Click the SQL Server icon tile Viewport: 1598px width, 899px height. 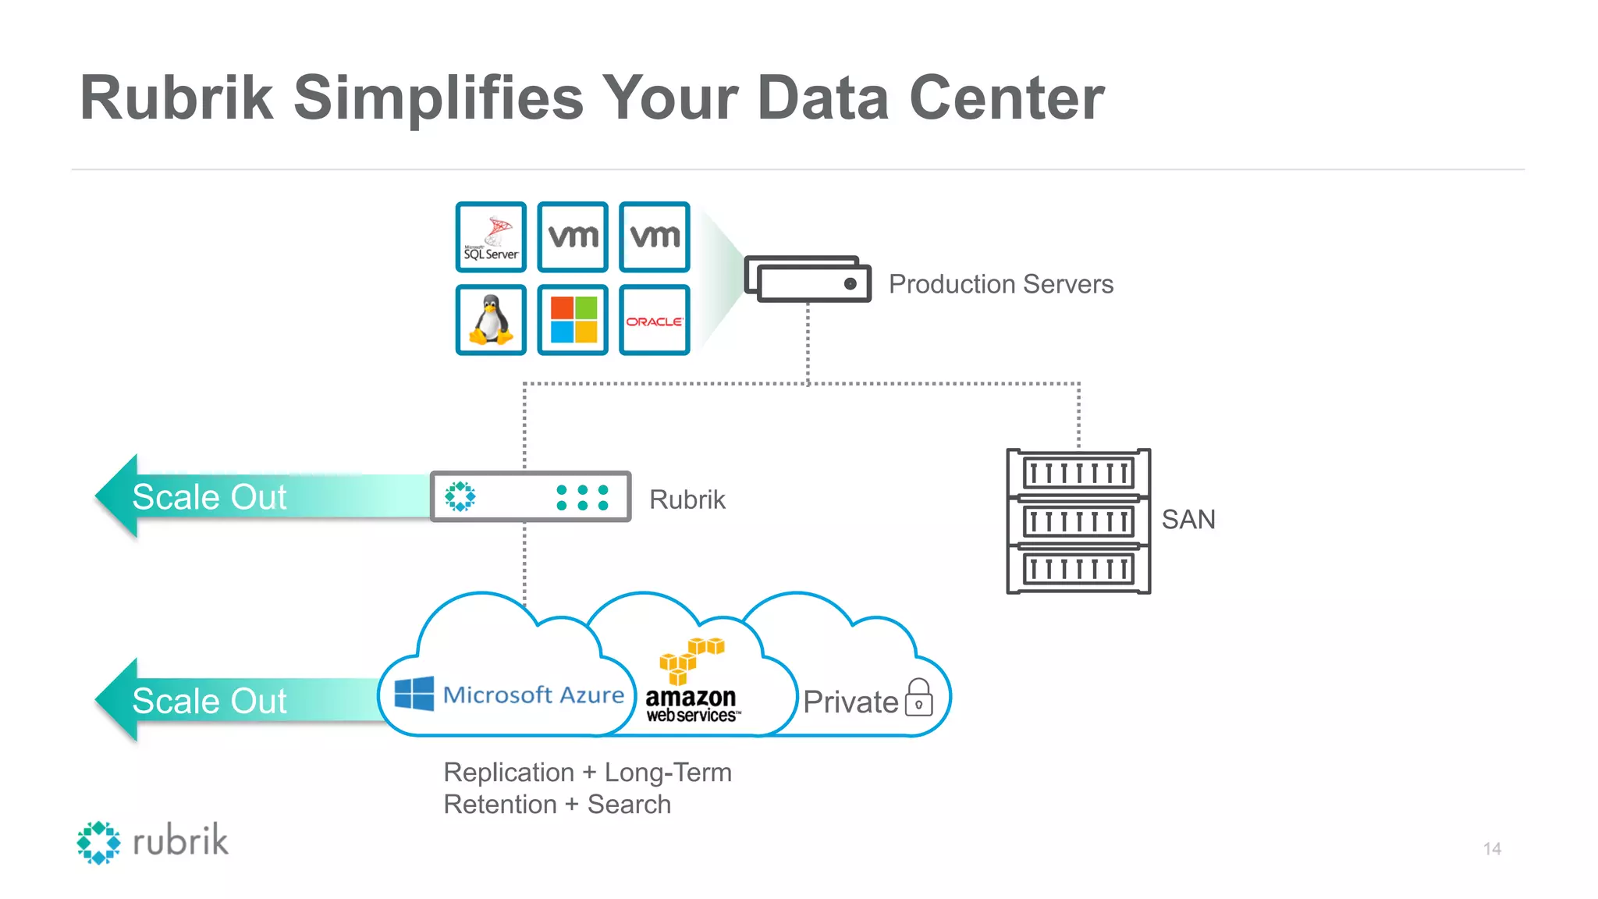491,237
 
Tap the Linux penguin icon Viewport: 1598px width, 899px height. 491,320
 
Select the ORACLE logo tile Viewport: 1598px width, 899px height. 654,320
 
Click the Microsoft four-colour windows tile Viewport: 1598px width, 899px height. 573,320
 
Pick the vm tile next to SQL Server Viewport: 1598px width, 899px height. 573,237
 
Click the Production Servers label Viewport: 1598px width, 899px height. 1000,284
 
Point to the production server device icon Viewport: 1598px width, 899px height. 808,279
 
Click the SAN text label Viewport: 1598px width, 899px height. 1188,520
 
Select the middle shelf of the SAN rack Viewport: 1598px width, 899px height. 1078,521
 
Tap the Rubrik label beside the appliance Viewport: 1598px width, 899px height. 687,499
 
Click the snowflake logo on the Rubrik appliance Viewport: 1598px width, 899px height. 460,496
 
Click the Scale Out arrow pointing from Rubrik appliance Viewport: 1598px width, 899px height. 234,496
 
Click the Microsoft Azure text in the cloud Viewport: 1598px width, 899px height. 533,695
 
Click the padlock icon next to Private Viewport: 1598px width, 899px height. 919,698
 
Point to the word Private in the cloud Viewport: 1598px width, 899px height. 850,702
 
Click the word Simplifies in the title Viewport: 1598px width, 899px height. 439,98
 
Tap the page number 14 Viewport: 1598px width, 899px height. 1492,848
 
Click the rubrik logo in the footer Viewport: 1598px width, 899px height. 153,842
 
